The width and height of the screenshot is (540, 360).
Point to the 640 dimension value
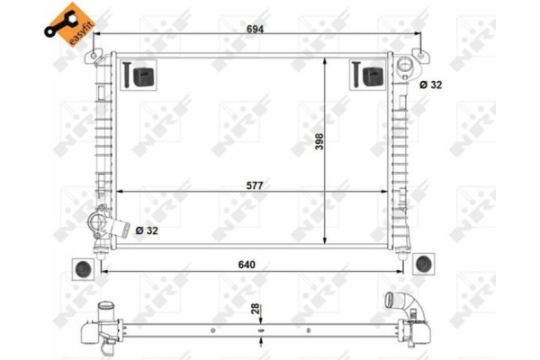[247, 265]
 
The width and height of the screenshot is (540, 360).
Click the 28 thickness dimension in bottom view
[256, 310]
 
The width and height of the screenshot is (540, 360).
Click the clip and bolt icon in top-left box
[139, 76]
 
